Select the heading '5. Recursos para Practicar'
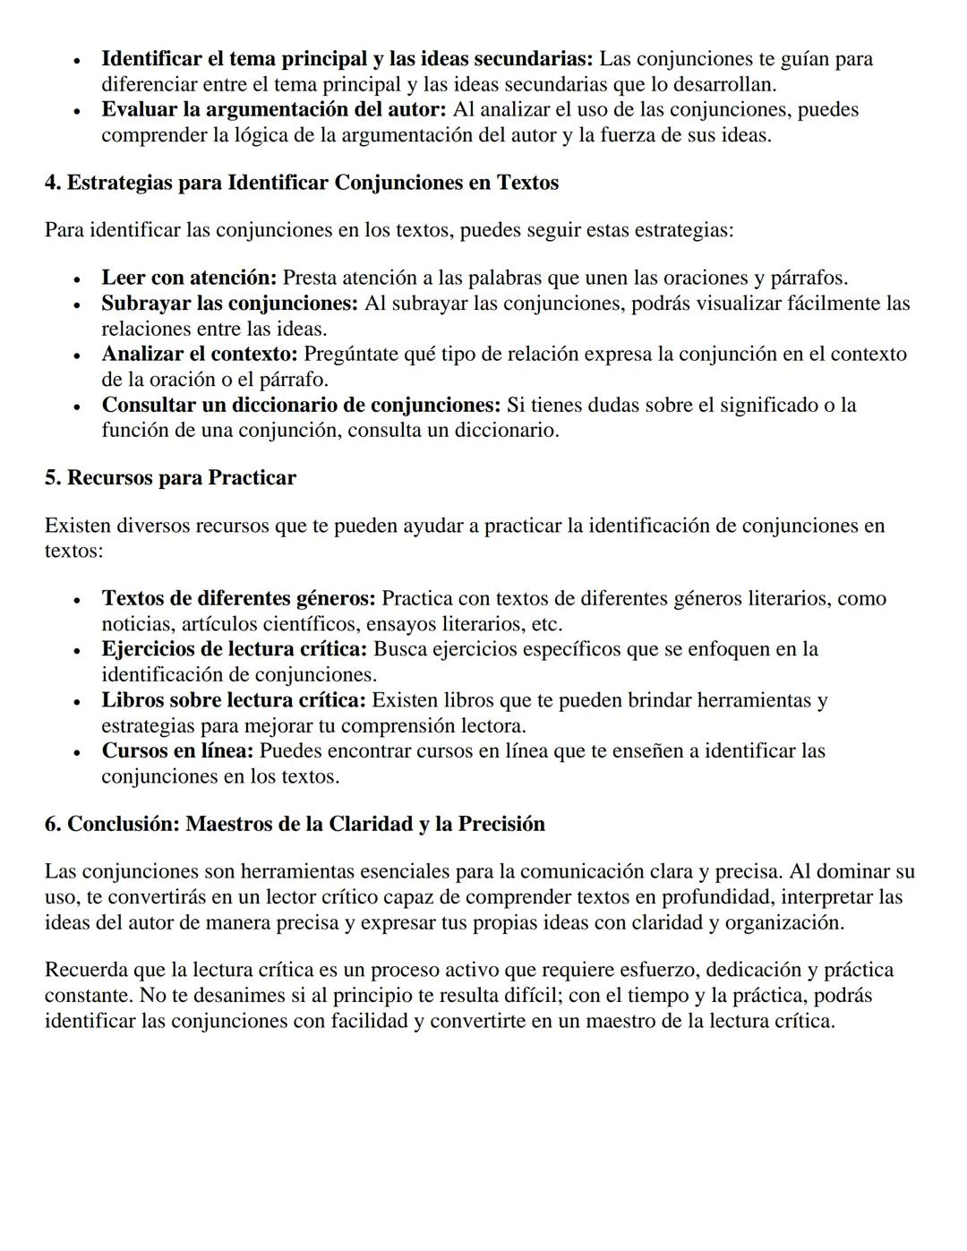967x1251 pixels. (170, 477)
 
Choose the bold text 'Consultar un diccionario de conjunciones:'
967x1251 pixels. (301, 405)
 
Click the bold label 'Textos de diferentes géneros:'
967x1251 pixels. (238, 598)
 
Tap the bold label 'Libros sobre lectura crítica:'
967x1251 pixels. (234, 700)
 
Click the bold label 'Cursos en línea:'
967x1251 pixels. (177, 750)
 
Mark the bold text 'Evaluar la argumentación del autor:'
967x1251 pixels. (274, 109)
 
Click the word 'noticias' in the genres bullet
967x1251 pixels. (138, 624)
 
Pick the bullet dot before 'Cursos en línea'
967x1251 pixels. (78, 752)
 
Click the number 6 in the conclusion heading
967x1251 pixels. (51, 824)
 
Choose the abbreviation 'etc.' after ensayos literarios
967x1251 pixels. (547, 624)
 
